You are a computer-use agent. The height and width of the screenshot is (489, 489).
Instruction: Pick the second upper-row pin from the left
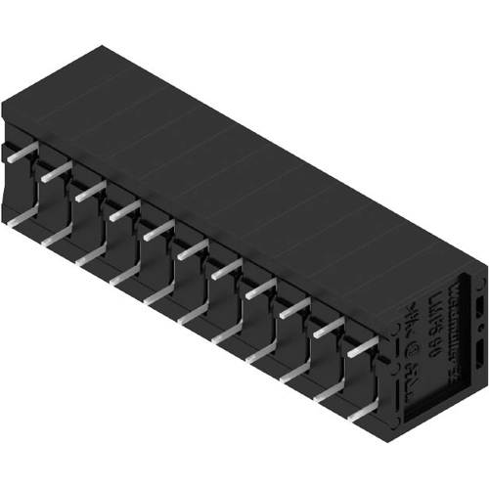coord(56,171)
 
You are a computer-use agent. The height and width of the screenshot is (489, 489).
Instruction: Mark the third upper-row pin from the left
coord(90,190)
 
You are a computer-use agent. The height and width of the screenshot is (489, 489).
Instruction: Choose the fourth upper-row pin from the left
coord(124,209)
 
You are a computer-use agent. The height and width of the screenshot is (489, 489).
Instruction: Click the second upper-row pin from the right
coord(329,325)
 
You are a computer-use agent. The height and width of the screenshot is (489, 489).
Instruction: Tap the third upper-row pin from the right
coord(294,306)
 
